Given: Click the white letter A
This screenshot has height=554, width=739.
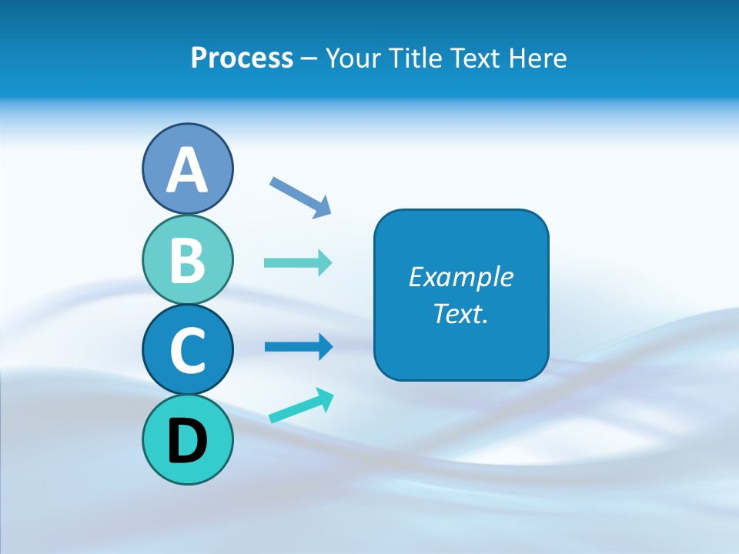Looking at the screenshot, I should (187, 170).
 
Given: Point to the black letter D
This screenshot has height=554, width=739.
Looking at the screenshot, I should (187, 442).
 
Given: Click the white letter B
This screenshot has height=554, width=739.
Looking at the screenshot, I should (187, 260).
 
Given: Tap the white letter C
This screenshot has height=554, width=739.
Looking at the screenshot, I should (187, 350).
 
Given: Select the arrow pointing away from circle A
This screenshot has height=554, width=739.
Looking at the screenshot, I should (300, 197).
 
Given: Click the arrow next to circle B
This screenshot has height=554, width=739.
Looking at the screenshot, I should (298, 263).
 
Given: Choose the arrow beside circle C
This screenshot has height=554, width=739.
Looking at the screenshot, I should (298, 347).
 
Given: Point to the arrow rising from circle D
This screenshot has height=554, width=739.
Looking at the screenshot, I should (300, 406).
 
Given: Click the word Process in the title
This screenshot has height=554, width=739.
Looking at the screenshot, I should (242, 58).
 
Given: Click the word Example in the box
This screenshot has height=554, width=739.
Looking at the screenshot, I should (460, 277).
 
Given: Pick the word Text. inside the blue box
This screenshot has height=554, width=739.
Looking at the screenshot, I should (460, 313).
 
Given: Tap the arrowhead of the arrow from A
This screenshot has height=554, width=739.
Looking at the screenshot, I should (323, 207).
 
